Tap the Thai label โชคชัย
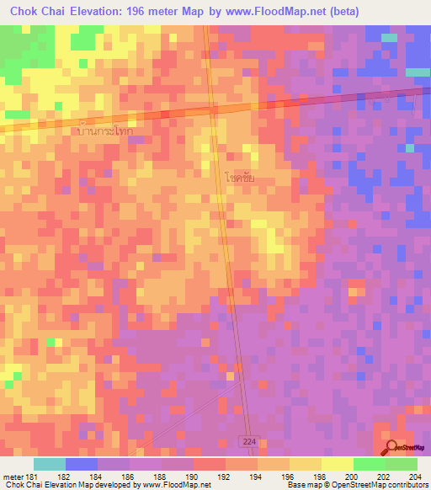(x=240, y=178)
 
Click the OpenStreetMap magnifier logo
(x=393, y=448)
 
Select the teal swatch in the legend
(x=49, y=465)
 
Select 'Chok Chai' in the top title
(x=33, y=12)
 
